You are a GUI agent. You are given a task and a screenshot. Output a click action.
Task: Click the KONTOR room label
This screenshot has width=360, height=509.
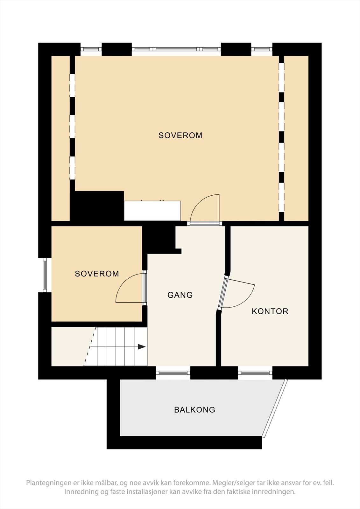click(270, 311)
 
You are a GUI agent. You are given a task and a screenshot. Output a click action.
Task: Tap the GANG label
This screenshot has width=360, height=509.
click(180, 295)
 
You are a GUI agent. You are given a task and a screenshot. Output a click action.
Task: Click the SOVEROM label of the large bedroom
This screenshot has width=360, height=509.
click(180, 136)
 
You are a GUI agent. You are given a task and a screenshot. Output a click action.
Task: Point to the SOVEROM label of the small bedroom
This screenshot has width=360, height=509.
click(97, 274)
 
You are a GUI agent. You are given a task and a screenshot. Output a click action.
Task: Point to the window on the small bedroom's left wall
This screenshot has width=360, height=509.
click(45, 275)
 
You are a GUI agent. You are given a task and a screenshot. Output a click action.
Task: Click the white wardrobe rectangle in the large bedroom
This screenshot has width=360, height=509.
click(152, 211)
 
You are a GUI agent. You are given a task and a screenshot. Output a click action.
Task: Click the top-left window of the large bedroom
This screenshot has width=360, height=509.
click(91, 49)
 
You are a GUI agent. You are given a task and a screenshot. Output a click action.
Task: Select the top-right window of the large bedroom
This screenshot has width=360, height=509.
click(262, 49)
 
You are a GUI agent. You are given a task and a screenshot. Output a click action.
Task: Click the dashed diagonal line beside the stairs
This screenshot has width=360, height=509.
click(90, 346)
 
